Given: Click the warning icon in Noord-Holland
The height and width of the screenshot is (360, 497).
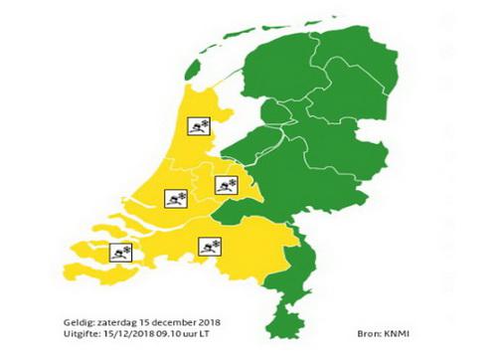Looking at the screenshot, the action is [x=199, y=125].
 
